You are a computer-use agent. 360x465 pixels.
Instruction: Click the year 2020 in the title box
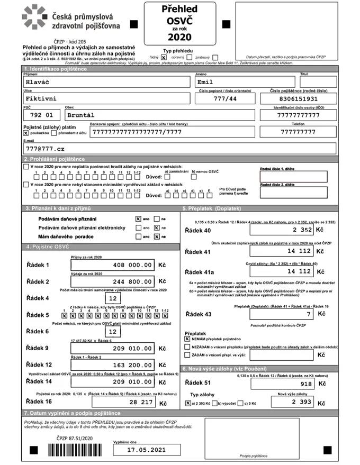[x=179, y=37]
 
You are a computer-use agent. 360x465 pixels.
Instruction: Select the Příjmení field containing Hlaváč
[x=106, y=82]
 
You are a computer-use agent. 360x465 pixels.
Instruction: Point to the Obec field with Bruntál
[x=159, y=114]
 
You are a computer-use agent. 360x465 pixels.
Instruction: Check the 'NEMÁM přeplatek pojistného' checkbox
[x=187, y=338]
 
